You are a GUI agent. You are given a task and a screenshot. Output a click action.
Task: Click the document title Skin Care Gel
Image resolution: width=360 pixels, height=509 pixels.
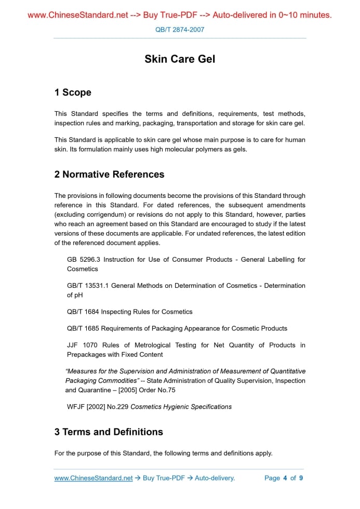coord(180,59)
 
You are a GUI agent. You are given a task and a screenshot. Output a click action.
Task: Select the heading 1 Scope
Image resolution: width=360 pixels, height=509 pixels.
coord(73,92)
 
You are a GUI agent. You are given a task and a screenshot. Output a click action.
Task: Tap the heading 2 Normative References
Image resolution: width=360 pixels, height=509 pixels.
coord(109,175)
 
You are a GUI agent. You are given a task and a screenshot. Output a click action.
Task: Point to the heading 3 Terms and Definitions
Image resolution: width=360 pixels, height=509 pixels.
coord(109,432)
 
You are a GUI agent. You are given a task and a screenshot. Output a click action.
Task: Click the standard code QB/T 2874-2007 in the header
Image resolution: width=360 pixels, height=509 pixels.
coord(180,30)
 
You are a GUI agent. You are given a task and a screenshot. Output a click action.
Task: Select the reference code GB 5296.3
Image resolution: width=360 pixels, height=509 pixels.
coord(84,259)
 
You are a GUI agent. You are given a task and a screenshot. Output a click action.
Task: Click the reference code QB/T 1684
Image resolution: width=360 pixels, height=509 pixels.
coord(83,312)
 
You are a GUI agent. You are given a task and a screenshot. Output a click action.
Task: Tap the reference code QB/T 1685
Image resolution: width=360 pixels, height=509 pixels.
coord(83,328)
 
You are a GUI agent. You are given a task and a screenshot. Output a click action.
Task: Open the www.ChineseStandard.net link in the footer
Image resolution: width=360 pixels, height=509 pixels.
coord(94,478)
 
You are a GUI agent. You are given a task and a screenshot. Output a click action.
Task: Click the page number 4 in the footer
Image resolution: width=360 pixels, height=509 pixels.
coord(285,478)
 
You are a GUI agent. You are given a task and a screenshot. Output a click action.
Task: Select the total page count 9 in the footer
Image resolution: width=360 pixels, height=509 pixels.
coord(301,478)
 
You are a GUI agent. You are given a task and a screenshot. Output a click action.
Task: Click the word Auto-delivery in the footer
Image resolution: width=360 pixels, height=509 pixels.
coord(215,478)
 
